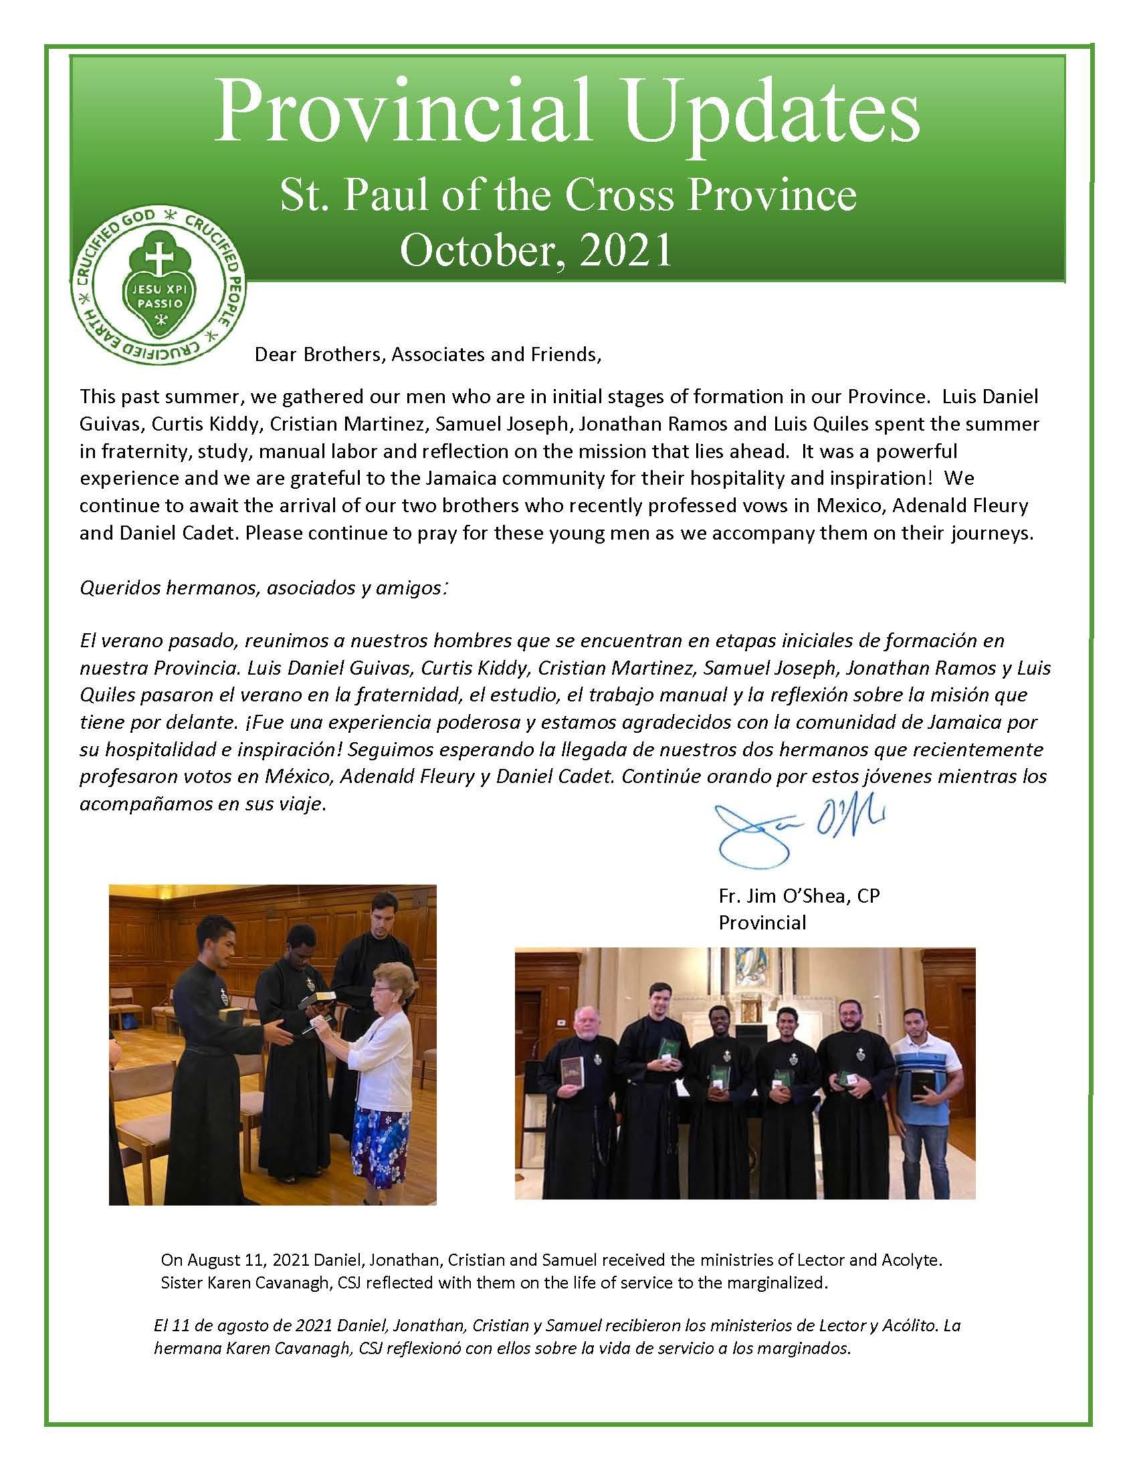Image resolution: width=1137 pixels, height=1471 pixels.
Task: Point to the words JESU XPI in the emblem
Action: (159, 289)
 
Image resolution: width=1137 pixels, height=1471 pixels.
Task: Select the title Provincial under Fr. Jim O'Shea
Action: (762, 922)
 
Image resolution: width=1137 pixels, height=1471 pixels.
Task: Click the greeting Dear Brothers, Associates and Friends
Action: (427, 354)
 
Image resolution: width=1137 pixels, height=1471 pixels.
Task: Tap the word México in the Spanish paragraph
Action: (297, 776)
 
